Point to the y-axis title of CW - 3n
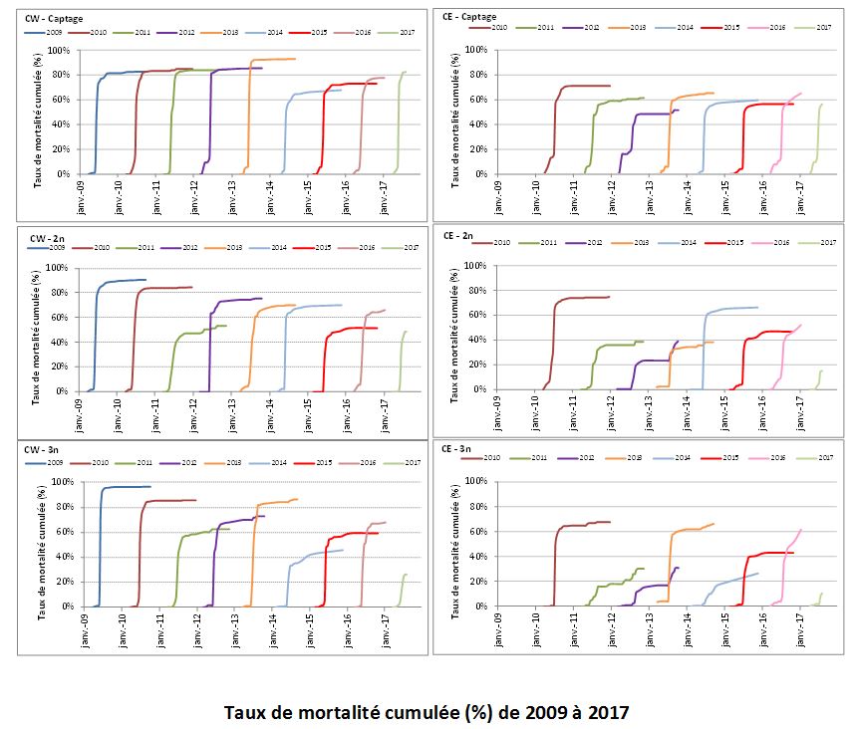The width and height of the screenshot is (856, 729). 40,543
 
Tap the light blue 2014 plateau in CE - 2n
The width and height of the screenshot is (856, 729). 732,309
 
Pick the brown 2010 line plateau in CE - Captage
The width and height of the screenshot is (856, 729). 588,86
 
